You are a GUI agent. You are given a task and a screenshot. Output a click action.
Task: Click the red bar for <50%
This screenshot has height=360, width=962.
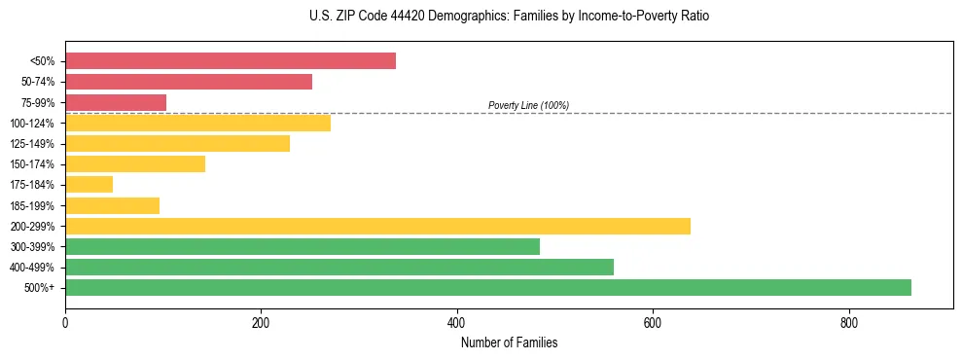[231, 61]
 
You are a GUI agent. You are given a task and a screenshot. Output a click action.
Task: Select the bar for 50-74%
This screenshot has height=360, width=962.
[189, 82]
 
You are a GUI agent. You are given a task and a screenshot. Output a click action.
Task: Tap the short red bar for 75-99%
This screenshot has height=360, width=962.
[116, 102]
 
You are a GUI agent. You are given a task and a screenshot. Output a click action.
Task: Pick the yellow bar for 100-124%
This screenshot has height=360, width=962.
[197, 123]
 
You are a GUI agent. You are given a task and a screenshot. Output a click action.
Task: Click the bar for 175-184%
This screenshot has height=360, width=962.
[89, 184]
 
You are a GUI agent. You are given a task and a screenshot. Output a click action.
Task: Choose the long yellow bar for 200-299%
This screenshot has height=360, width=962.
[377, 226]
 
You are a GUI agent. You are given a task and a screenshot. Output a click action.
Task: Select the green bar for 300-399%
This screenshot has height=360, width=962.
[303, 246]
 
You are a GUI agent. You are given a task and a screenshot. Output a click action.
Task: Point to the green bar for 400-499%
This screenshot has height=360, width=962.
[339, 267]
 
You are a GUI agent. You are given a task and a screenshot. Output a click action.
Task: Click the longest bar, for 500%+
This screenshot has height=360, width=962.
[488, 287]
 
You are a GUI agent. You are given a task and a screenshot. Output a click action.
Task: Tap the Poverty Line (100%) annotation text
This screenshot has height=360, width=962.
[528, 105]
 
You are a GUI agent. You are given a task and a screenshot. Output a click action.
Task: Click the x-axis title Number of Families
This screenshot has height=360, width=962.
[509, 342]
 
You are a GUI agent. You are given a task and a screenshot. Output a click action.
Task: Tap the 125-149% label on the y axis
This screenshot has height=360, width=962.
[32, 144]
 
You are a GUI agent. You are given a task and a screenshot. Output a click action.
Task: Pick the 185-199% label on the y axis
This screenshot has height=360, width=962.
[32, 205]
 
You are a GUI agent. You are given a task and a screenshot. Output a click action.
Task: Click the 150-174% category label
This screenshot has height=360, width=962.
[32, 164]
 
